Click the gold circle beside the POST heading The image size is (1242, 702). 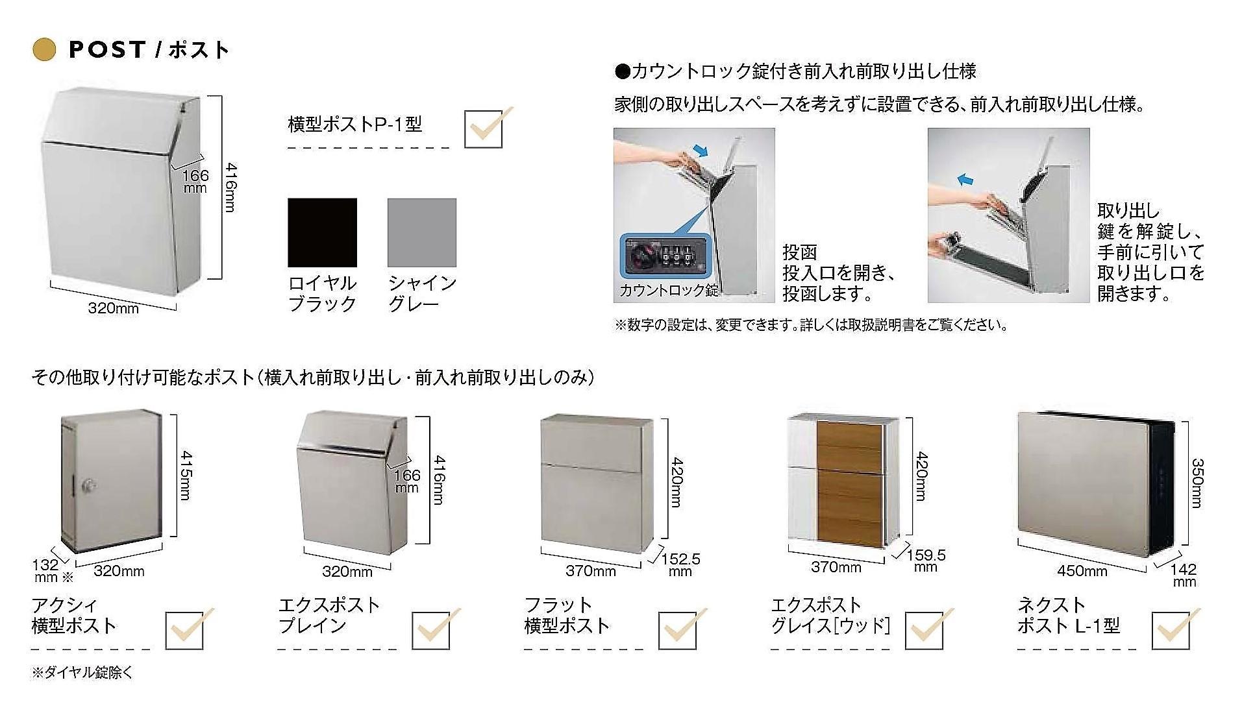(44, 50)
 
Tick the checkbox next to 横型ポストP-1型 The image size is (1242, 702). (484, 129)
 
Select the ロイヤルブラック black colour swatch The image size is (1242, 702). (322, 232)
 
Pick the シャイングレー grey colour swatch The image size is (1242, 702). (422, 232)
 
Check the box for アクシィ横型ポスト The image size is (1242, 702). (184, 630)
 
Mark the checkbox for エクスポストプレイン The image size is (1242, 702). (431, 630)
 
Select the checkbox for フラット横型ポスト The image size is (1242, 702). (678, 630)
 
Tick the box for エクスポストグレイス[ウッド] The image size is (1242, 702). (924, 630)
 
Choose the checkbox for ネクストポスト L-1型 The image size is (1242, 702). (1171, 630)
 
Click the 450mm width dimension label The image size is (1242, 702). (1082, 571)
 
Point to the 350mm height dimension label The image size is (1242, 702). (1197, 483)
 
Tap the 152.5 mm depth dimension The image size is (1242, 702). (680, 564)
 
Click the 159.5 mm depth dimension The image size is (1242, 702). (926, 561)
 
